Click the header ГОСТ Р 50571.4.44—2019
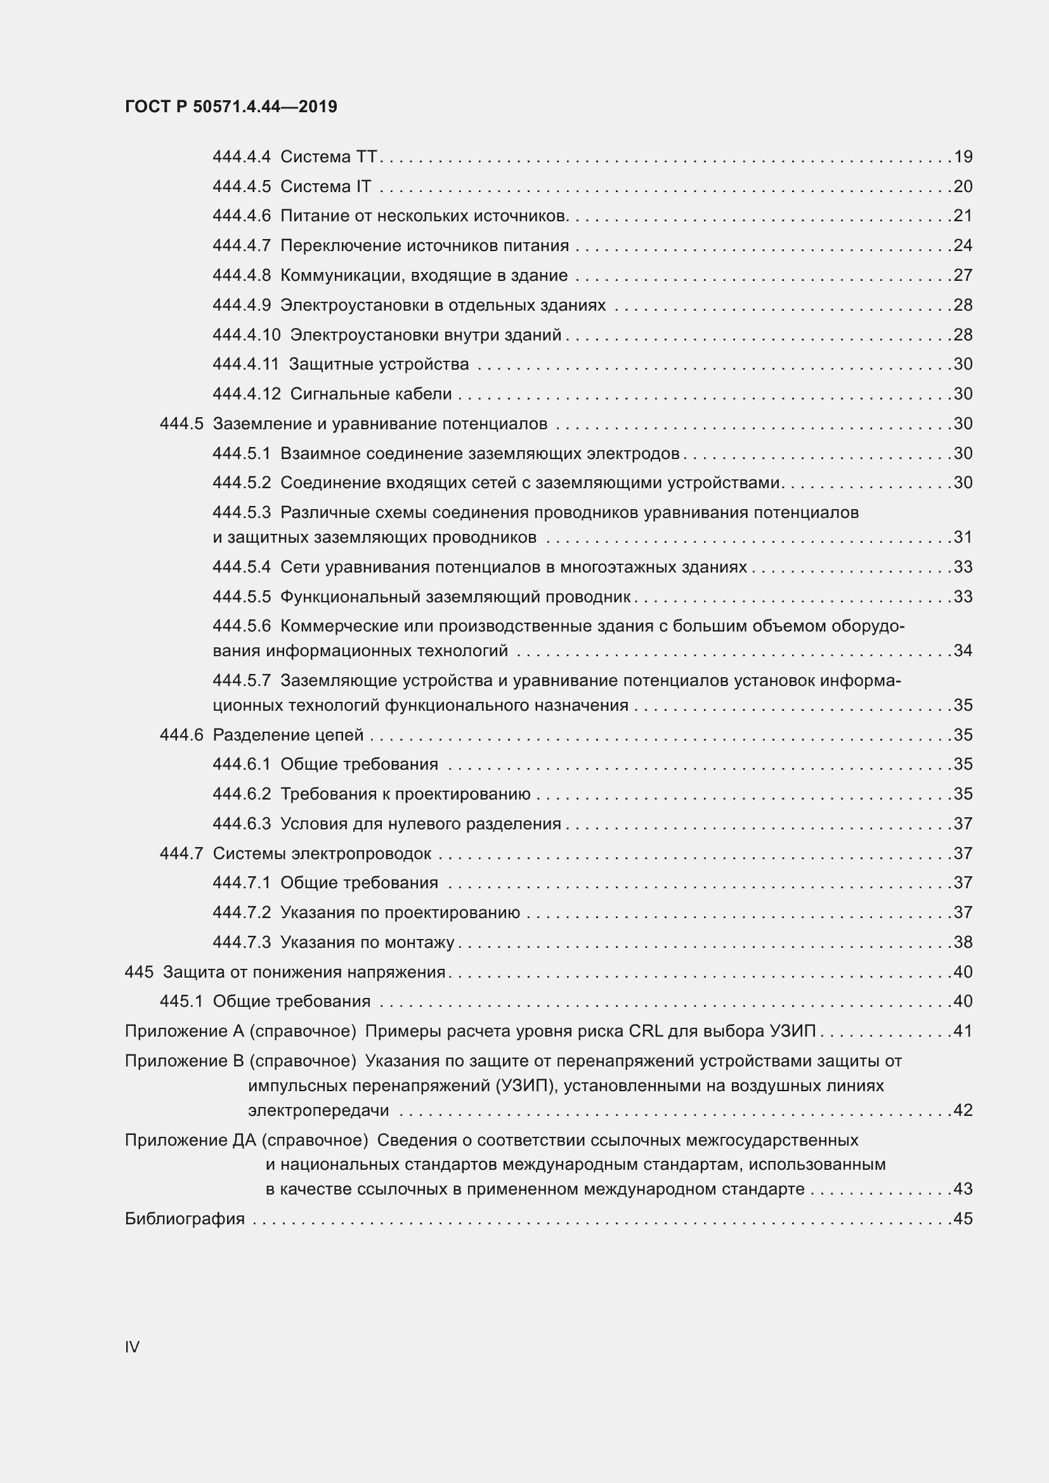click(x=231, y=107)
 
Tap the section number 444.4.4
click(x=242, y=157)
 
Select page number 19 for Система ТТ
click(x=963, y=157)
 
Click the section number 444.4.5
click(x=242, y=186)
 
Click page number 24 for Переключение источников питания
click(x=963, y=245)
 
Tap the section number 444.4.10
click(x=246, y=335)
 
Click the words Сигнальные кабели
click(x=371, y=394)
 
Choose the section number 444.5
click(x=181, y=424)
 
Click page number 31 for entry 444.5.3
click(x=963, y=537)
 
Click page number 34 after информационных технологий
click(x=963, y=651)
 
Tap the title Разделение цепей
click(x=288, y=735)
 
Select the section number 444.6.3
click(x=242, y=824)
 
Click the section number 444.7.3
click(x=242, y=942)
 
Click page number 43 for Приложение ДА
click(x=963, y=1189)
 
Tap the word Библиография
click(x=185, y=1219)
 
